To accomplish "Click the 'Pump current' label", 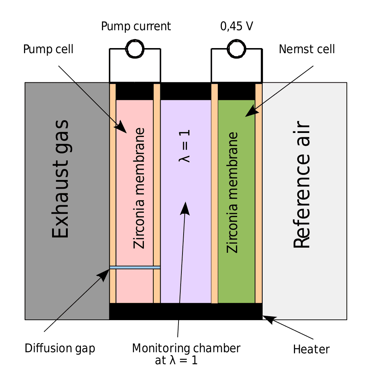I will (136, 26).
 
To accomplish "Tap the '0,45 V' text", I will (237, 26).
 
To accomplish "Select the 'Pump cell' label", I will (48, 49).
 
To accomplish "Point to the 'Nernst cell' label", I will (307, 49).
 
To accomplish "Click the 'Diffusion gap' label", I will (60, 348).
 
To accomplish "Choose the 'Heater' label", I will (311, 349).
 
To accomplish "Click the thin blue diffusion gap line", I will (135, 267).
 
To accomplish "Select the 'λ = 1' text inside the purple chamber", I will (185, 146).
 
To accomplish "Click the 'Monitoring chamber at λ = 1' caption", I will (186, 353).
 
